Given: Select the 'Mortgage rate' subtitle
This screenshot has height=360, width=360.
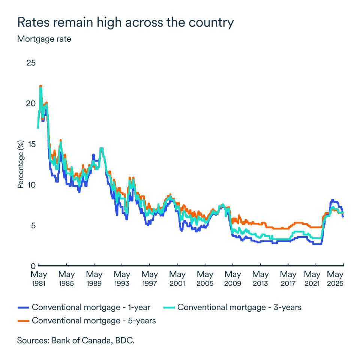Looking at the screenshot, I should [x=44, y=39].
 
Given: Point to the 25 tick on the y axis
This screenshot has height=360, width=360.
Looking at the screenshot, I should [x=31, y=62].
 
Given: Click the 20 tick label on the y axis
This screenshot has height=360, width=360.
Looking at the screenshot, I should [x=31, y=103].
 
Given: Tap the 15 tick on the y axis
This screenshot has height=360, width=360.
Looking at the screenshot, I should [x=31, y=144].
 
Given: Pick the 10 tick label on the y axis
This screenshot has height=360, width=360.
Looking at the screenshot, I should [x=31, y=184].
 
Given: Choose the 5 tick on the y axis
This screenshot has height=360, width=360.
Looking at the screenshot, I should [x=33, y=225].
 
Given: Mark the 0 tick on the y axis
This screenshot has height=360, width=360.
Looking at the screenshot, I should [x=33, y=265].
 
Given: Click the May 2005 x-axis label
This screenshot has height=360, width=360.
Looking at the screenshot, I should [x=205, y=279].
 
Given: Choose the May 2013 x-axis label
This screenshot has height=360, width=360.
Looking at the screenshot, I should [x=260, y=279].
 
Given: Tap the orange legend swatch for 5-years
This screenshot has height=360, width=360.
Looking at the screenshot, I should [x=24, y=321].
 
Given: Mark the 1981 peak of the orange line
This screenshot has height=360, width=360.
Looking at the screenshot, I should [x=40, y=86].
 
